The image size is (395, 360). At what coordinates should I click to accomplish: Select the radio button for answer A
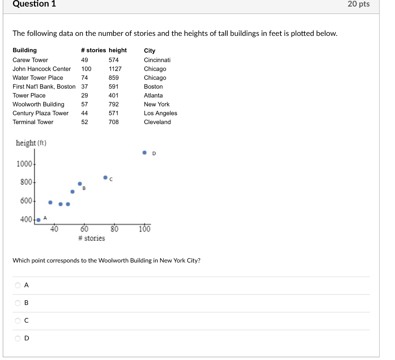(x=17, y=286)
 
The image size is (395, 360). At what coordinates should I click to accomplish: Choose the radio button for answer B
(x=17, y=303)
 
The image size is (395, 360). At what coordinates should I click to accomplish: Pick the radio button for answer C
(x=17, y=321)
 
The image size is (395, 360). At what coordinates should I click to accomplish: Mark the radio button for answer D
(x=17, y=339)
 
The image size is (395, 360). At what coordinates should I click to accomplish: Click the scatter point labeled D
(x=145, y=153)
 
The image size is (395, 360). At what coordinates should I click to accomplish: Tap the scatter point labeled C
(x=105, y=177)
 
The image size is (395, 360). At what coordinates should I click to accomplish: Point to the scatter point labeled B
(x=80, y=184)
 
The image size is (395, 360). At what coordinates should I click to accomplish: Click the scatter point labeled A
(x=38, y=220)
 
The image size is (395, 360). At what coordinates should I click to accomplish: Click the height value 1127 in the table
(x=115, y=69)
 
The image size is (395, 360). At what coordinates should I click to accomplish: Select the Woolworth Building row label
(x=39, y=105)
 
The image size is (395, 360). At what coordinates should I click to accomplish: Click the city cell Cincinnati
(x=157, y=60)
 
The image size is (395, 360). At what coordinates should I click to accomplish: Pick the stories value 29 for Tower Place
(x=84, y=96)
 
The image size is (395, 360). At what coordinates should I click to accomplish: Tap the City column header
(x=150, y=51)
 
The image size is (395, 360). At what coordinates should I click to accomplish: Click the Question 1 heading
(x=34, y=4)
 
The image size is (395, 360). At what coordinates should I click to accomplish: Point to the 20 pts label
(x=358, y=4)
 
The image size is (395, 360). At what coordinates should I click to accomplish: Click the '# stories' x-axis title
(x=91, y=238)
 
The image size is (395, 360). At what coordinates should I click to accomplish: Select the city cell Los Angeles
(x=160, y=113)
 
